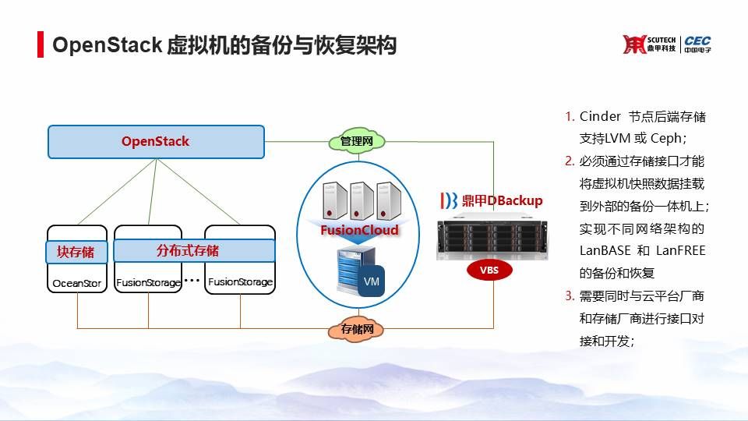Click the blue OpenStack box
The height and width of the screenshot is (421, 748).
tap(155, 142)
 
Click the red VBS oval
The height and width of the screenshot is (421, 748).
tap(489, 270)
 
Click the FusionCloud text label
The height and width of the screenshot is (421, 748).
tap(359, 230)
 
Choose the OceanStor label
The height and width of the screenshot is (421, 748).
tap(76, 284)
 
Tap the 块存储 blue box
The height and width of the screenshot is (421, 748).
tap(76, 252)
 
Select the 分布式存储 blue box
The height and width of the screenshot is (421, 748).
tap(194, 251)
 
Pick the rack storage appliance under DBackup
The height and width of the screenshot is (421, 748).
tap(489, 239)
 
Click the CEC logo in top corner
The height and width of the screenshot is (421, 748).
tap(697, 44)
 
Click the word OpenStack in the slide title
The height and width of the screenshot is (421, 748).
tap(107, 45)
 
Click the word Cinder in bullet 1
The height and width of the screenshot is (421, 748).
tap(600, 116)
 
